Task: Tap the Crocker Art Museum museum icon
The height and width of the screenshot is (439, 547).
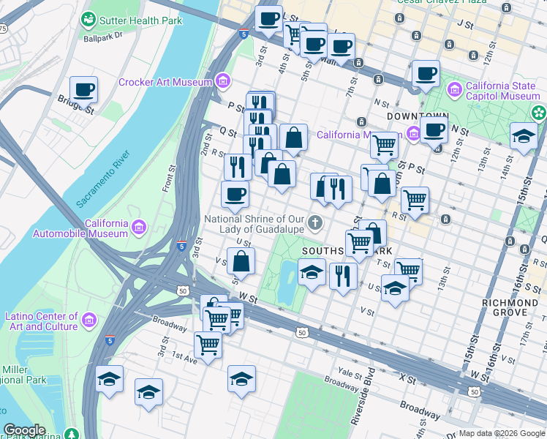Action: point(223,80)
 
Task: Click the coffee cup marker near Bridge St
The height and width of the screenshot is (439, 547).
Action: point(84,89)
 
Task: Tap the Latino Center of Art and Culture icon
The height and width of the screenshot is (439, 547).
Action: point(89,320)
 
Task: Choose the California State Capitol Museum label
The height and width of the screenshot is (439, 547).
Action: point(502,91)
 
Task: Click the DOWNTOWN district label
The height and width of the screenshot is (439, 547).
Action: point(417,116)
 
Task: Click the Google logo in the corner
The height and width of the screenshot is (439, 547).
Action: point(25,429)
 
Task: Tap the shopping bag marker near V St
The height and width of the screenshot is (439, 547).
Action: point(241,260)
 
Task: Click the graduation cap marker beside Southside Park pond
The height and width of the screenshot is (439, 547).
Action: point(312,272)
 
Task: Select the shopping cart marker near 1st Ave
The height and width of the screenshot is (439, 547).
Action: point(208,344)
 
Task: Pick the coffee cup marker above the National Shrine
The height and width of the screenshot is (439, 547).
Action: point(235,194)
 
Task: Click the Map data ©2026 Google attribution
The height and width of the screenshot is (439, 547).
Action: point(502,433)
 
